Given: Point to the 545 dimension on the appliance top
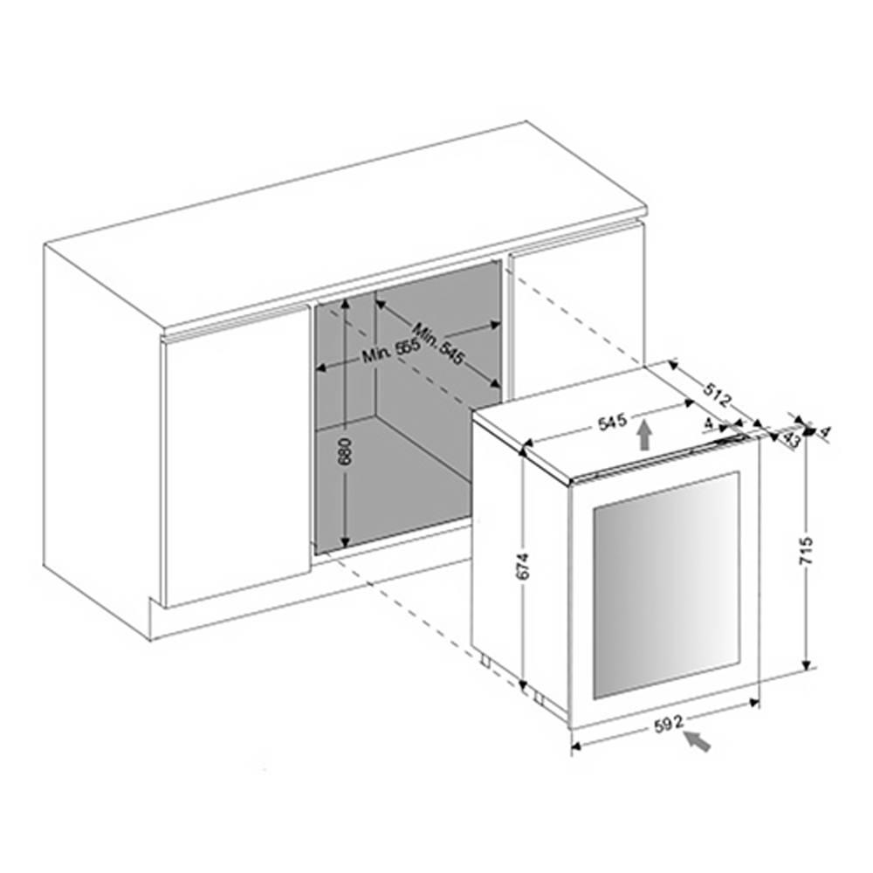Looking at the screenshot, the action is (x=613, y=422).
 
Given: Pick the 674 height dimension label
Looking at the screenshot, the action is (x=523, y=566).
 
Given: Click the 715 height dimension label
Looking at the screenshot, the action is (x=807, y=550).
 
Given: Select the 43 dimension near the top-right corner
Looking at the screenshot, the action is (x=791, y=439).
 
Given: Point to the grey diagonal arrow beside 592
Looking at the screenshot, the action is (x=698, y=741).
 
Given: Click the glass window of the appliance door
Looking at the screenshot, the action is (x=666, y=585).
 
